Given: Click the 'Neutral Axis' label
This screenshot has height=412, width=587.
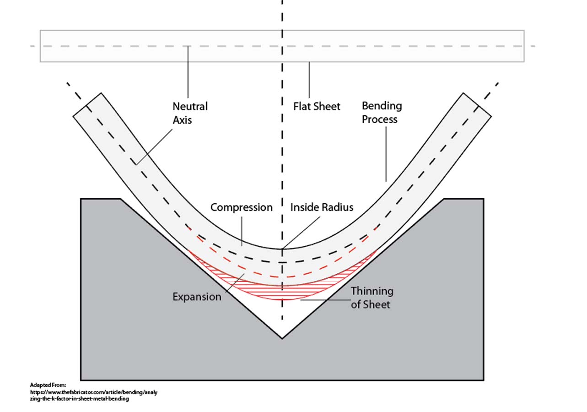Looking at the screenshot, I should pyautogui.click(x=190, y=113).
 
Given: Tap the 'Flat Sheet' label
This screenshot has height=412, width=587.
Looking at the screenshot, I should pyautogui.click(x=317, y=107).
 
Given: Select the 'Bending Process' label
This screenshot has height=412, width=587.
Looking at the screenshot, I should pyautogui.click(x=382, y=113).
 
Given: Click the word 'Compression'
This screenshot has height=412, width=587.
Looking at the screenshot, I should pyautogui.click(x=241, y=207).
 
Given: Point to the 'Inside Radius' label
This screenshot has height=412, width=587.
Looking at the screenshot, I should pyautogui.click(x=322, y=207).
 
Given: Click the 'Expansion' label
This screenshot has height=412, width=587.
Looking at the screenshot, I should pyautogui.click(x=197, y=297).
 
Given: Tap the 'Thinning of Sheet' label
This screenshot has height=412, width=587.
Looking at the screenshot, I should pyautogui.click(x=372, y=298).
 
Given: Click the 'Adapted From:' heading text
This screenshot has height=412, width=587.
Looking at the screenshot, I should pyautogui.click(x=48, y=385).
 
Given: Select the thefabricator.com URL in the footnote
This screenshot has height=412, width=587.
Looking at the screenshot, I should pyautogui.click(x=93, y=395).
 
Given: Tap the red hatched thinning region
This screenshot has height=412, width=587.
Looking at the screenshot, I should pyautogui.click(x=282, y=292).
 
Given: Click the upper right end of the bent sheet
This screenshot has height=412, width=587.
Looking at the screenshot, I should pyautogui.click(x=477, y=105).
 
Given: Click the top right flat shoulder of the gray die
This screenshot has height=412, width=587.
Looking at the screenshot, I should pyautogui.click(x=463, y=199).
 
